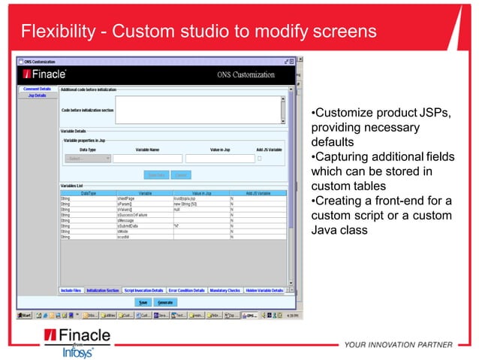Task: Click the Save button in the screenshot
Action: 143,302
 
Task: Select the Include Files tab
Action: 71,290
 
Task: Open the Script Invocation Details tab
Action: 143,290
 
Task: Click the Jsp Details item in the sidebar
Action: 37,95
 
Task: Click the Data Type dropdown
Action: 88,159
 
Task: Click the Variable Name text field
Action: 147,159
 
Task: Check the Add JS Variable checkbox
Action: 259,159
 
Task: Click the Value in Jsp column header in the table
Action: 201,192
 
